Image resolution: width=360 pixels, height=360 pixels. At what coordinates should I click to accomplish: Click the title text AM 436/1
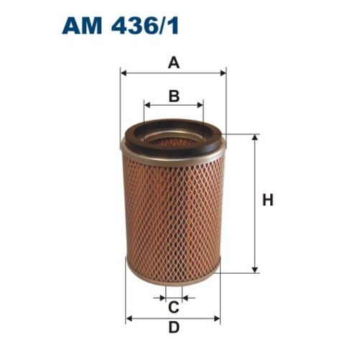coord(120,27)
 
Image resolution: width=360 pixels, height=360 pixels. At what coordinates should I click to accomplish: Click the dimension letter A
coord(173,63)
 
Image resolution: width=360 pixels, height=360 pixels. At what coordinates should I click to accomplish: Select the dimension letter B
coord(173,96)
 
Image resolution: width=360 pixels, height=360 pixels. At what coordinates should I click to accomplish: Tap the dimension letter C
coord(173,308)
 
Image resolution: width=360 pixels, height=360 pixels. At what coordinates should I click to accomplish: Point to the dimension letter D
coord(173,328)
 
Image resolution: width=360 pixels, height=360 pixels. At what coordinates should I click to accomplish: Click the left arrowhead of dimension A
coord(124,73)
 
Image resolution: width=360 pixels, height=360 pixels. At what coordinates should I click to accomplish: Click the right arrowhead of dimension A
coord(223,73)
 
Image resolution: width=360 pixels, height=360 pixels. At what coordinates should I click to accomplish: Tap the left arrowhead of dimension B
coord(147,105)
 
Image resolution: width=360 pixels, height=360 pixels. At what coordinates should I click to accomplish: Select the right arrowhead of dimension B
coord(200,105)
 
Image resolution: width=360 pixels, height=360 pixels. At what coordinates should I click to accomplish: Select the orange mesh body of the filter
coord(173,216)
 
